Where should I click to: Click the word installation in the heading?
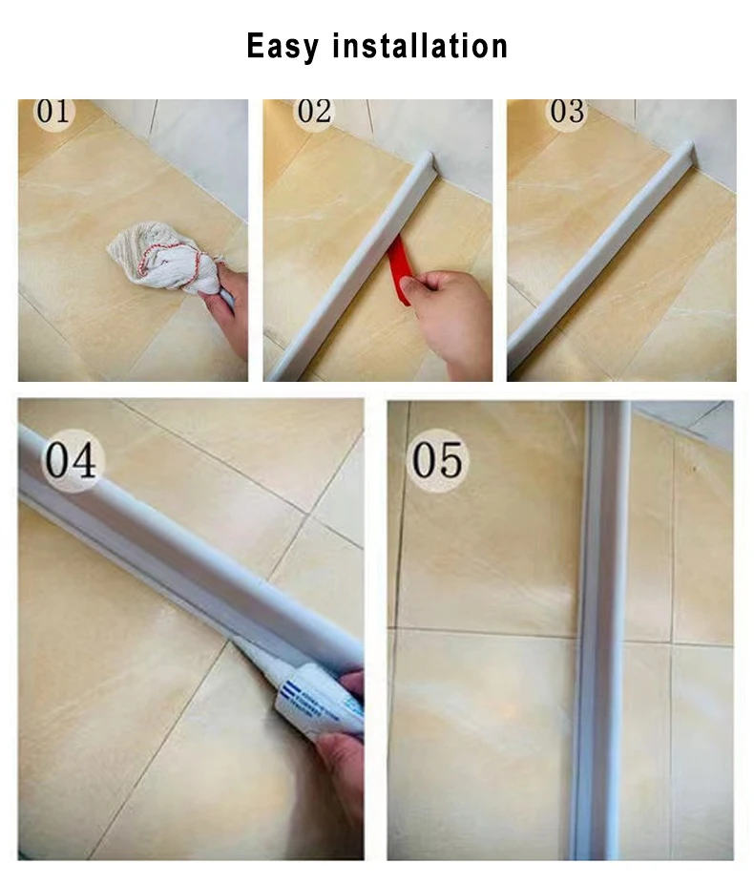click(x=420, y=45)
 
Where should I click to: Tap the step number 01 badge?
click(x=54, y=112)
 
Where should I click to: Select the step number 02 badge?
click(x=313, y=112)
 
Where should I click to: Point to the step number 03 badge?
click(x=567, y=112)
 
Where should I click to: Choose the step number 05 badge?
click(x=438, y=460)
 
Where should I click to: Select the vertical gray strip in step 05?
click(x=601, y=630)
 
